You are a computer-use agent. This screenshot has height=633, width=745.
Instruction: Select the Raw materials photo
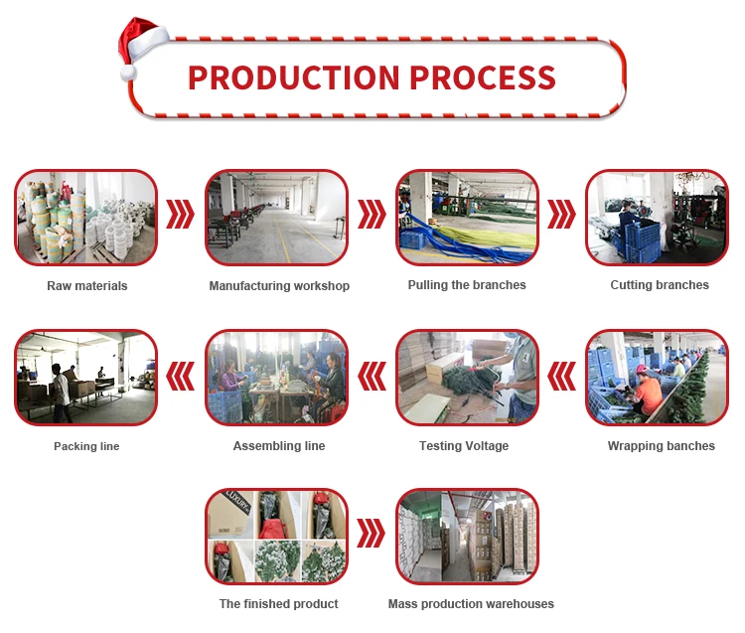click(86, 218)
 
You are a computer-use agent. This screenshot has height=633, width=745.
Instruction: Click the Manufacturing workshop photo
click(277, 218)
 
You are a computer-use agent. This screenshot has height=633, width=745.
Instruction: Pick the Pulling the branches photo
click(467, 218)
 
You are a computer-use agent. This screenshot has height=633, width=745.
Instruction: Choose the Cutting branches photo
click(657, 218)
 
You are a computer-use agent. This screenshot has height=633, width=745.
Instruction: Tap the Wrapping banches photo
click(657, 378)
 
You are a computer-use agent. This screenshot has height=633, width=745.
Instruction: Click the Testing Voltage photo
click(467, 378)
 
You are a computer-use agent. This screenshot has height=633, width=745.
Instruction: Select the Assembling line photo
click(277, 378)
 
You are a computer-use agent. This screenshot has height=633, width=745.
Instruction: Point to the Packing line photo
click(86, 378)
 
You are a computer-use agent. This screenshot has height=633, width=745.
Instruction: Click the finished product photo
click(277, 537)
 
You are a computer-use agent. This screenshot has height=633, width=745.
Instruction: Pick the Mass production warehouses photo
click(467, 537)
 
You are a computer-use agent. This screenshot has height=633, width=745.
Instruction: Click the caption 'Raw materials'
click(87, 286)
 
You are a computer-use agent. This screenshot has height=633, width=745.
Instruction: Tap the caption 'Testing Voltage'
click(464, 446)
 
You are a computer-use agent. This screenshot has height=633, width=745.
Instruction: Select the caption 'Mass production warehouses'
click(471, 604)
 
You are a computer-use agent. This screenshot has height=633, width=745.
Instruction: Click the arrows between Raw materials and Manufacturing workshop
click(181, 215)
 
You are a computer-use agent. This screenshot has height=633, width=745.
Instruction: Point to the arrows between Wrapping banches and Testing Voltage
click(562, 376)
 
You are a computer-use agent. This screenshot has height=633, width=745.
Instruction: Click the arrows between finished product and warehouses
click(371, 534)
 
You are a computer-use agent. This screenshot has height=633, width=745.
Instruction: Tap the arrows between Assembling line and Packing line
click(181, 376)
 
